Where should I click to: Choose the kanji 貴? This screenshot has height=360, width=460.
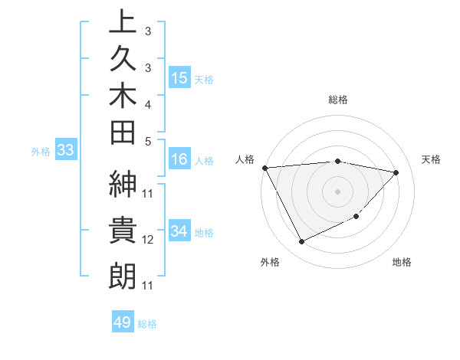[x=123, y=231]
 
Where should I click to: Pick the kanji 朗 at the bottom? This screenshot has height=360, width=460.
[x=123, y=275]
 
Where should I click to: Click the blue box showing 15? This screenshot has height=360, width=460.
[x=179, y=77]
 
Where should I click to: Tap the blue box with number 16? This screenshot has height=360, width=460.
[x=179, y=159]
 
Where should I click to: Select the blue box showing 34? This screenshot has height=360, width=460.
[x=179, y=231]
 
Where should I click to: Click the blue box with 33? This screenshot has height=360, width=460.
[x=66, y=150]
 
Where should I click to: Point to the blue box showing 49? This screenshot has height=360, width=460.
[x=123, y=322]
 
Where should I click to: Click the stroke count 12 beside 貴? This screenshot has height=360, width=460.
[x=148, y=240]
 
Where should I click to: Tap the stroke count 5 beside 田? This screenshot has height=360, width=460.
[x=148, y=141]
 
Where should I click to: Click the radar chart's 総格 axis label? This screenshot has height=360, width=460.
[x=338, y=100]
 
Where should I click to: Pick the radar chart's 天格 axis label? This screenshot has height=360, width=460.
[x=432, y=159]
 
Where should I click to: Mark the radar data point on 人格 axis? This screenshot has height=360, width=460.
[x=264, y=167]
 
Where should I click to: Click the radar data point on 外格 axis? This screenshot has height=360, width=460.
[x=301, y=242]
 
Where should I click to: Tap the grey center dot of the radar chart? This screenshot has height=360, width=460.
[x=338, y=191]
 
